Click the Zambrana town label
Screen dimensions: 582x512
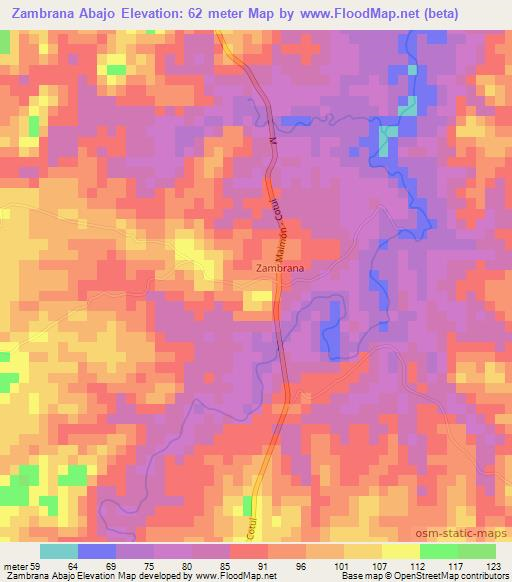(277, 268)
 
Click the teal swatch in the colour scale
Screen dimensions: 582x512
(59, 550)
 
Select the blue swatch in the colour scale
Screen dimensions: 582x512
(97, 550)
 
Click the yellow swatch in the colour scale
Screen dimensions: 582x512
(400, 550)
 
